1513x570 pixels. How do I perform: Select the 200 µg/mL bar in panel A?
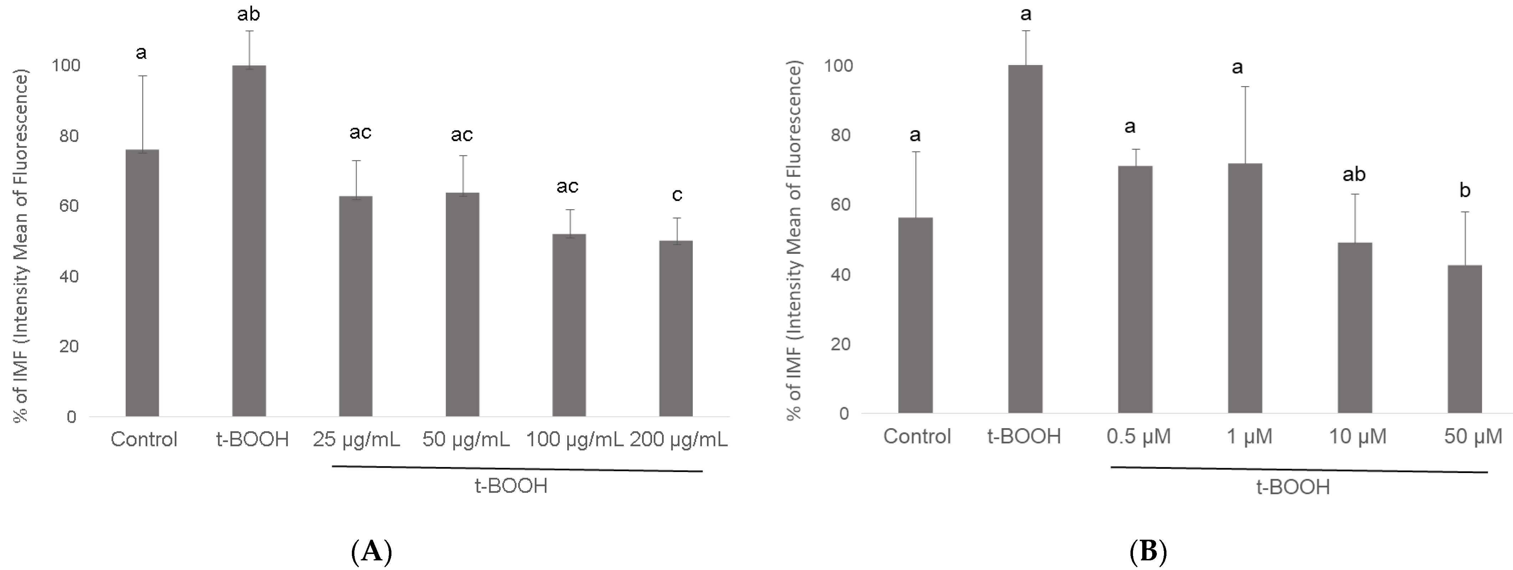(x=676, y=328)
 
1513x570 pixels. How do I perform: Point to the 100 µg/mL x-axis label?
(x=574, y=439)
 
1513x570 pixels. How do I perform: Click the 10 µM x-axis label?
(x=1357, y=436)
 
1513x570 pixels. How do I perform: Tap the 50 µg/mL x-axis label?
(x=466, y=439)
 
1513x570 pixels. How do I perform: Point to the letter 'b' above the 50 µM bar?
(x=1465, y=190)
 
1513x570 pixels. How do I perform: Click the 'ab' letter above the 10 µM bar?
(x=1354, y=174)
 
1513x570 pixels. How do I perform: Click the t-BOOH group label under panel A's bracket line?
(x=511, y=486)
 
